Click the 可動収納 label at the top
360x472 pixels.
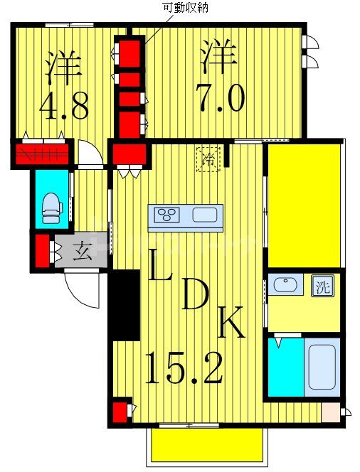pos(186,9)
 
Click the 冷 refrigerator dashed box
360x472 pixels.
pos(208,158)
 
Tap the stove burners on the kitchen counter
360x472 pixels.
pos(170,215)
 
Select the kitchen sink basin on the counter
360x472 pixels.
pos(206,215)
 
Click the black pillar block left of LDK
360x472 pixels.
pos(124,305)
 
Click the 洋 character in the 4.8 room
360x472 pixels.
pos(62,65)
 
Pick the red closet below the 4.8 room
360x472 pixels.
pos(42,154)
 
